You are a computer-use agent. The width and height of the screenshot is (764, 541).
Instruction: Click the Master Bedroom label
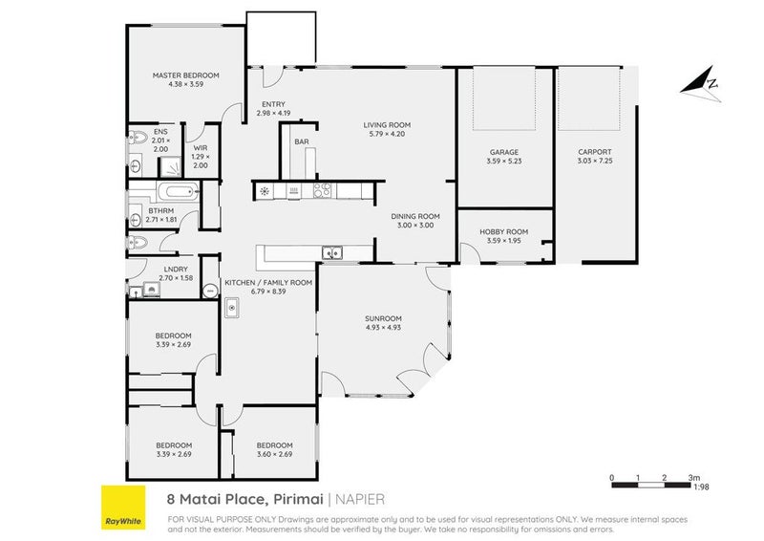pyautogui.click(x=186, y=76)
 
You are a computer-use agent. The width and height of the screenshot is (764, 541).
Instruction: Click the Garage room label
pyautogui.click(x=503, y=152)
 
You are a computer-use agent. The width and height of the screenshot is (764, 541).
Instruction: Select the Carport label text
pyautogui.click(x=594, y=152)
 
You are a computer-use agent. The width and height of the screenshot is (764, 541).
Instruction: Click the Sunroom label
pyautogui.click(x=383, y=318)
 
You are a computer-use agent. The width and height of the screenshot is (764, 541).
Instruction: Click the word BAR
pyautogui.click(x=301, y=141)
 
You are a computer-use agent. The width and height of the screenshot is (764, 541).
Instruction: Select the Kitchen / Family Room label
pyautogui.click(x=267, y=283)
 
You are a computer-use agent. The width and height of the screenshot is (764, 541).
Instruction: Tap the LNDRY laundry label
pyautogui.click(x=175, y=270)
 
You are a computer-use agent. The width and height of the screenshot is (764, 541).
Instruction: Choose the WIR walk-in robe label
pyautogui.click(x=201, y=148)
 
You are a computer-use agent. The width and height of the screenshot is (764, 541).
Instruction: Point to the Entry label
pyautogui.click(x=272, y=105)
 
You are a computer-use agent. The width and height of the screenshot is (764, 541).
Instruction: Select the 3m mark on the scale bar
pyautogui.click(x=692, y=476)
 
